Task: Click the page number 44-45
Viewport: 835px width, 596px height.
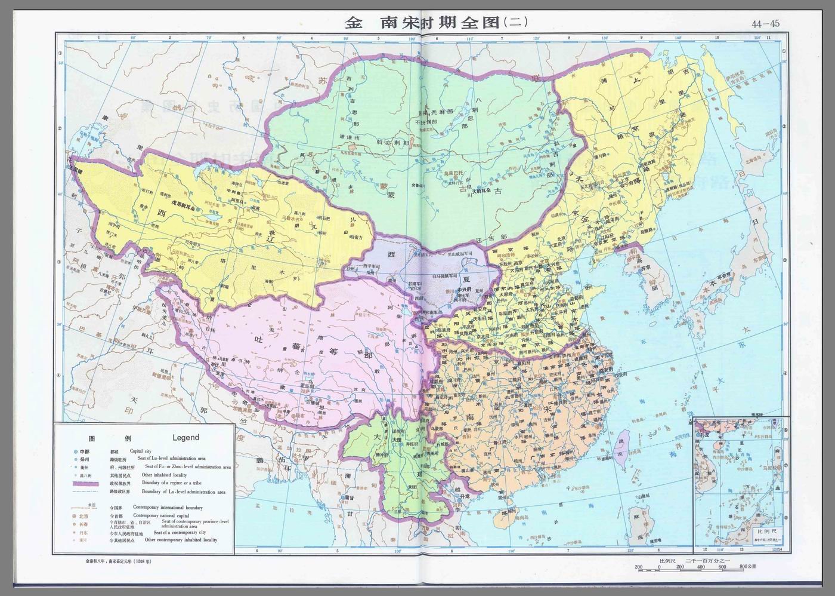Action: point(765,24)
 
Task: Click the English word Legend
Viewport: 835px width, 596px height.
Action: point(185,437)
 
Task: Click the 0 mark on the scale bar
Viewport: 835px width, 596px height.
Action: point(660,567)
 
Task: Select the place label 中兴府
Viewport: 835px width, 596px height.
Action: point(466,290)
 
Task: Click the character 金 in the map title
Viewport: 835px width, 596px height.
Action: point(354,23)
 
